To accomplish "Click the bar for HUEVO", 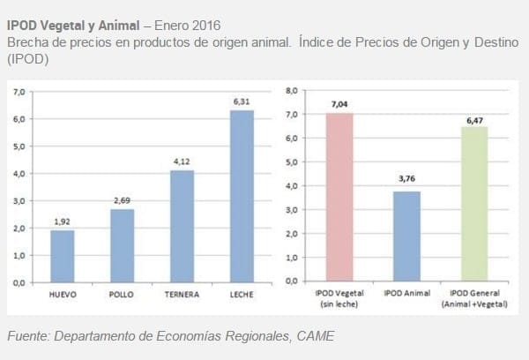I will coord(62,256).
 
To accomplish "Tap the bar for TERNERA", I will coord(181,226).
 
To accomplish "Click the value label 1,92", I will coord(62,221).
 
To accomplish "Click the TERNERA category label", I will coord(181,294).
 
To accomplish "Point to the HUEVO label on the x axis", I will coord(62,294).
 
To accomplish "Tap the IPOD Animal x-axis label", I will coord(407,292).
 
